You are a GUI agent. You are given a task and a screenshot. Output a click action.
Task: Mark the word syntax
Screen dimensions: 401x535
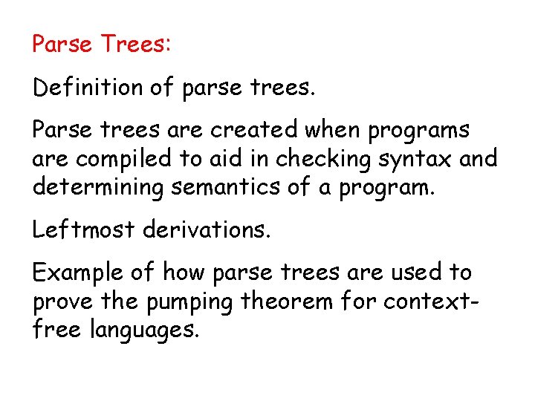(x=405, y=159)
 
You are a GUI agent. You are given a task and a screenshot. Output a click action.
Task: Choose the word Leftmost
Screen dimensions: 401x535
(x=83, y=229)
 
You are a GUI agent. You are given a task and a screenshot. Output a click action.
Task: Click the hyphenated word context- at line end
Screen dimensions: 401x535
(x=458, y=301)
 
